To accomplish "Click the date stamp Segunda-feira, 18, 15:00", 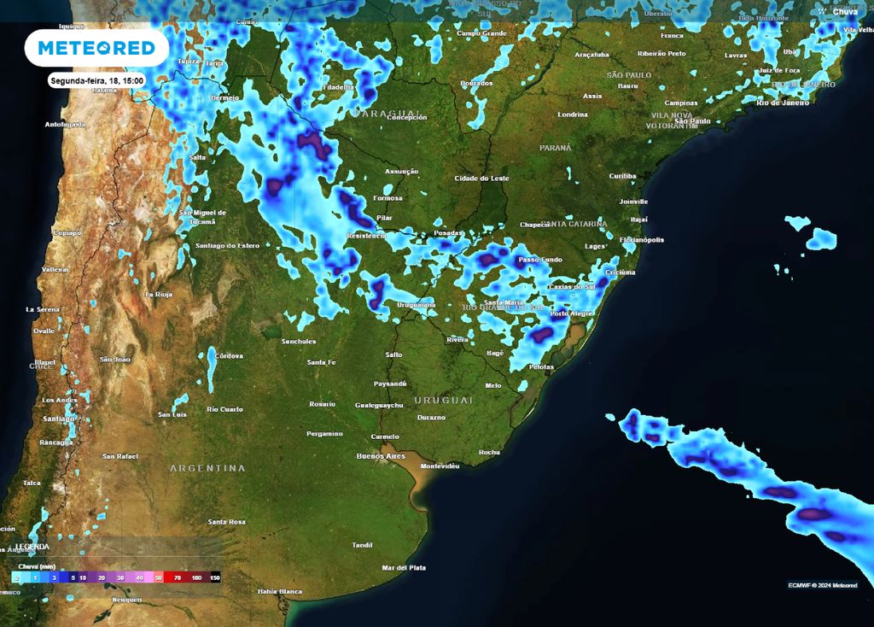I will [x=97, y=80].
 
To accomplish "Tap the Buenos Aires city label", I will [x=381, y=456].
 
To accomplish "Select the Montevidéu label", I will [x=440, y=466].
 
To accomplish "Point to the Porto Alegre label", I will [x=571, y=313].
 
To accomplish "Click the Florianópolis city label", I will [x=642, y=240].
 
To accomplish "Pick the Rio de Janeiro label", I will [x=782, y=103].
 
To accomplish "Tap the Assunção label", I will [x=401, y=171].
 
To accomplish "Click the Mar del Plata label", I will [x=404, y=567].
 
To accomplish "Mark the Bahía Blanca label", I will [x=280, y=591].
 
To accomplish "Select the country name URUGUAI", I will [x=443, y=400].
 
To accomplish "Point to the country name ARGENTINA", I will [x=207, y=468].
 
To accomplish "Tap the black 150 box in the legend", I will [x=215, y=578].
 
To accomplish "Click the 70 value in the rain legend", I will [x=178, y=578].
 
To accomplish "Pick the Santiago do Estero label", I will [x=227, y=246].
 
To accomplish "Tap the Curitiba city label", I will [x=622, y=176].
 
